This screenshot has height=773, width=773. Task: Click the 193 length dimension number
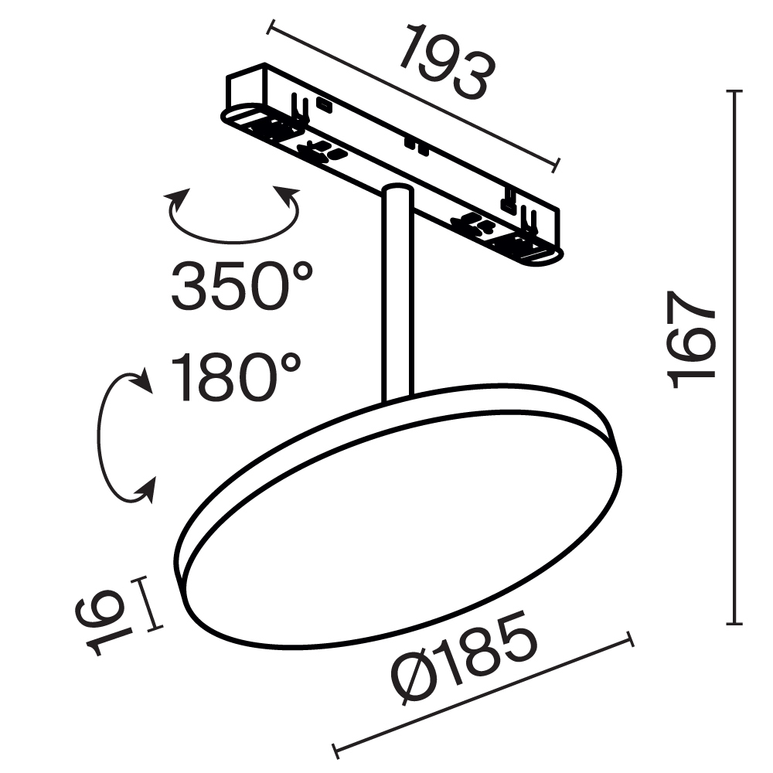click(x=446, y=60)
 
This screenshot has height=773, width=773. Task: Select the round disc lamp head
click(x=402, y=526)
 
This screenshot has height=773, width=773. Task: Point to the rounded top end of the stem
click(x=397, y=190)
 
